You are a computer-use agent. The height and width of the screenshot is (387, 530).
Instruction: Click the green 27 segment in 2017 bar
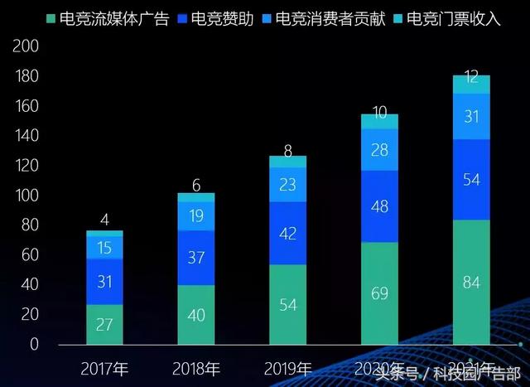[x=104, y=324]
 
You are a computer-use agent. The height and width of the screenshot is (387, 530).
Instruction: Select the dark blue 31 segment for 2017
[x=104, y=282]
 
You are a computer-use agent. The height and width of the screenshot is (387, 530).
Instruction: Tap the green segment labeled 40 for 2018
[x=196, y=315]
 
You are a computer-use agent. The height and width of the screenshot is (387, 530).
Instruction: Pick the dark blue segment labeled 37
[x=196, y=258]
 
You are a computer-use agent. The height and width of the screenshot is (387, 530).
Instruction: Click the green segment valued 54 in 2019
[x=287, y=304]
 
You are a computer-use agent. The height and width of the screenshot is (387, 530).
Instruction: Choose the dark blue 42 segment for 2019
[x=287, y=234]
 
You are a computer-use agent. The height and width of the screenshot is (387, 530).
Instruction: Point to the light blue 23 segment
[x=287, y=185]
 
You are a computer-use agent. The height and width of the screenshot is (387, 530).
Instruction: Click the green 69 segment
[x=379, y=293]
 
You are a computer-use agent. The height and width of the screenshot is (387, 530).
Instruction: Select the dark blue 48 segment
[x=379, y=206]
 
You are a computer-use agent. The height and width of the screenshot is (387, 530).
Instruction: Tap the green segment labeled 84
[x=471, y=282]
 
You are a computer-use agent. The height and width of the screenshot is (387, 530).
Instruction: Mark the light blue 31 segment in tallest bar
[x=471, y=117]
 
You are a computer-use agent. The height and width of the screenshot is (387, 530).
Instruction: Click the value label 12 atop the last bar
[x=471, y=77]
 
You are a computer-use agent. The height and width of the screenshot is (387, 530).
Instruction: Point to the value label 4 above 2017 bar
[x=104, y=220]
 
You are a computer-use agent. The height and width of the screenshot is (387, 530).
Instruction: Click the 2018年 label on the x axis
[x=196, y=368]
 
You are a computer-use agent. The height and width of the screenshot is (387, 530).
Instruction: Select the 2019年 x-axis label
[x=287, y=368]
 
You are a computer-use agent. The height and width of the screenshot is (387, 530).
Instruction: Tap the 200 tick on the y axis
[x=26, y=47]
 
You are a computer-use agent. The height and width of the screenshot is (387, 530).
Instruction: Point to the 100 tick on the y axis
[x=26, y=196]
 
